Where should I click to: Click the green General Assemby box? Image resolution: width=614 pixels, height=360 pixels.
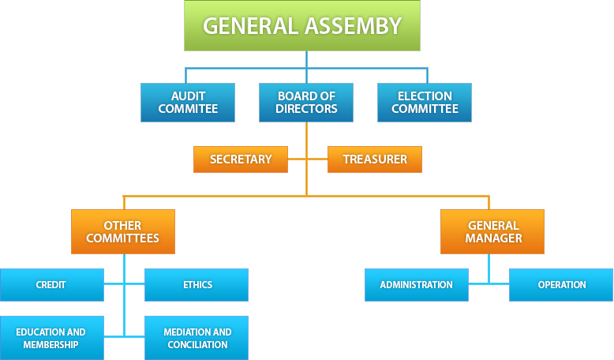point(302,25)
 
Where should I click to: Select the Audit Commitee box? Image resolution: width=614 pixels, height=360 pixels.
point(188,103)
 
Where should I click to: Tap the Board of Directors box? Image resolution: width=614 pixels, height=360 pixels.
point(307,103)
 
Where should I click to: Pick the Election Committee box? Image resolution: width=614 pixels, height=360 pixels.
point(425,103)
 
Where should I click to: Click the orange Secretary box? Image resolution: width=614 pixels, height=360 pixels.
point(241,159)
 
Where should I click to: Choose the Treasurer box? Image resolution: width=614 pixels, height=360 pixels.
point(375,159)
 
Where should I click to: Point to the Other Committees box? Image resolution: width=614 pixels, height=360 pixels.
point(122,231)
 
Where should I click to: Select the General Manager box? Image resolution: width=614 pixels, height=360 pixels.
point(492,231)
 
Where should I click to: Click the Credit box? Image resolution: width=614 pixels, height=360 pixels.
point(51,285)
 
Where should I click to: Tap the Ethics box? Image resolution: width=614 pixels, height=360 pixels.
point(197,285)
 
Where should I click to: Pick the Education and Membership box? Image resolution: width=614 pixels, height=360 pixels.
point(51,338)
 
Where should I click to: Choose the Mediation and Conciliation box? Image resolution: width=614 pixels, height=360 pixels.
point(197,338)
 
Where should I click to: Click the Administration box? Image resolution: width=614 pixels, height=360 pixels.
point(416,285)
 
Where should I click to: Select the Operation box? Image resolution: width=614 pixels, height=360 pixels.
point(561,285)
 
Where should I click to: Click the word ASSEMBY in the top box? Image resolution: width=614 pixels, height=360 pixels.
point(352,26)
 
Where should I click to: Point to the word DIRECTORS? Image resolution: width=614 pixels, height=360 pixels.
point(307,109)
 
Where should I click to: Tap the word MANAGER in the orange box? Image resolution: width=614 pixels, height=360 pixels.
point(492,238)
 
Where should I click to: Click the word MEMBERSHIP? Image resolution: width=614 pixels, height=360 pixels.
point(51,345)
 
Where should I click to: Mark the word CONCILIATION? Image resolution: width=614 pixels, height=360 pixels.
point(197,345)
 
